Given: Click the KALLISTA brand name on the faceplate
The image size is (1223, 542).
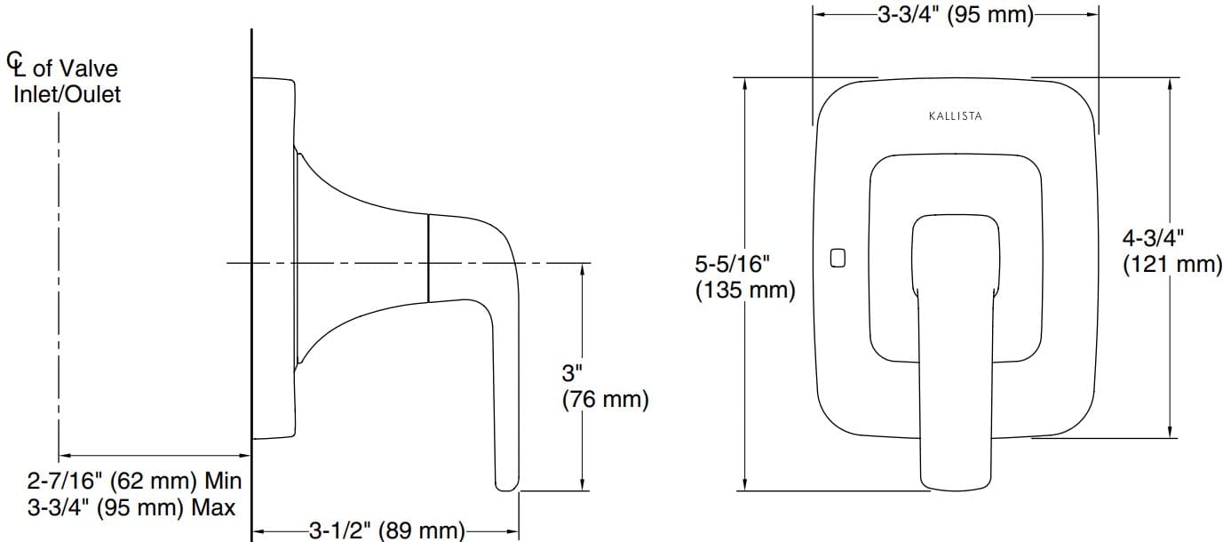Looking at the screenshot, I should click(955, 116).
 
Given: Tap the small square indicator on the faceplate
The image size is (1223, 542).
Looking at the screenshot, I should click(836, 259).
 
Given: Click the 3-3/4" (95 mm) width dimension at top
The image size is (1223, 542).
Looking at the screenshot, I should click(955, 16).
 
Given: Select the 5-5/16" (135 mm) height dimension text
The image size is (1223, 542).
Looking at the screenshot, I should click(744, 277).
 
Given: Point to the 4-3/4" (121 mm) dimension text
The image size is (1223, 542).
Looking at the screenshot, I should click(1171, 251).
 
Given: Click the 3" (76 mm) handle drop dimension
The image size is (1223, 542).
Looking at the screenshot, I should click(605, 387).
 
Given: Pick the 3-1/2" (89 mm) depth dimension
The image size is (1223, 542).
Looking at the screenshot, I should click(386, 531).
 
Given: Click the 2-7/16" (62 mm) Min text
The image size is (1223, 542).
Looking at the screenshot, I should click(135, 482).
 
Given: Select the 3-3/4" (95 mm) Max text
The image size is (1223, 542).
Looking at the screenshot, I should click(131, 508).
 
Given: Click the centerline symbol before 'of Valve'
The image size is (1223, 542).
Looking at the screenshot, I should click(16, 63).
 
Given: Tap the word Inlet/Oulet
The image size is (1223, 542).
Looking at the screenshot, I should click(67, 94).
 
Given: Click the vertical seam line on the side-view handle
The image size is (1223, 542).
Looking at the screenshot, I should click(428, 258).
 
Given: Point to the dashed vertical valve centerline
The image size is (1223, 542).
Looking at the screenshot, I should click(59, 284).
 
